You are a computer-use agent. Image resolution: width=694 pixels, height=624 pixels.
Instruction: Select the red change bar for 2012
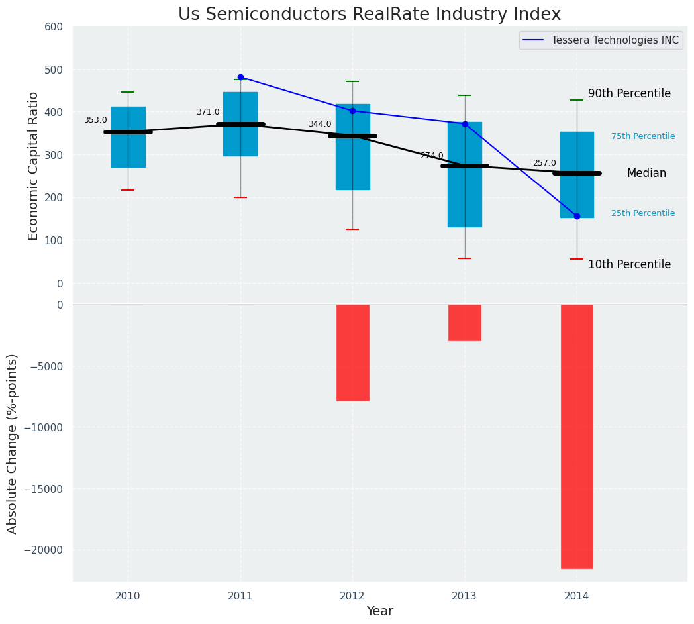coord(352,352)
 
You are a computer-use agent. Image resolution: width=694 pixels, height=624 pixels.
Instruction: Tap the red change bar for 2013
coord(464,323)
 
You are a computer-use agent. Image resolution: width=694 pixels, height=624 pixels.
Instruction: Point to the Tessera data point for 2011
coord(240,77)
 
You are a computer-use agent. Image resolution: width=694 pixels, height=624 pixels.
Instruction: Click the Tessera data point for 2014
coord(577,216)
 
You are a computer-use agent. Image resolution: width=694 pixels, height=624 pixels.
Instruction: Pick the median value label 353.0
coord(95,120)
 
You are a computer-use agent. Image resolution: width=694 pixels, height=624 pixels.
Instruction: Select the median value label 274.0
coord(432,156)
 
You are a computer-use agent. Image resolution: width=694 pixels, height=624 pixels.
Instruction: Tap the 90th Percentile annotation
coord(629,94)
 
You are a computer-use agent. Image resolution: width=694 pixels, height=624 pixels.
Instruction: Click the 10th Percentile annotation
coord(629,264)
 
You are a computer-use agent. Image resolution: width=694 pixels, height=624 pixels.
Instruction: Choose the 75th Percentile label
coord(643,136)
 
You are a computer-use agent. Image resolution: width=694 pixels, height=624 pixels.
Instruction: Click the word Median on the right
coord(646,173)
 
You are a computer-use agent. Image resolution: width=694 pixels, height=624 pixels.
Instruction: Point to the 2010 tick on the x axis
coord(128,596)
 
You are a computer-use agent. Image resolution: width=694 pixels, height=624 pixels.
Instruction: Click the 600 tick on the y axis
coord(54,26)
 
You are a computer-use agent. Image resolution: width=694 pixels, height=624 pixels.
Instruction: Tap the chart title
coord(370,15)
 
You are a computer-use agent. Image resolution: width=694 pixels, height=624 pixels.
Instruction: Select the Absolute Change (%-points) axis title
coord(13,443)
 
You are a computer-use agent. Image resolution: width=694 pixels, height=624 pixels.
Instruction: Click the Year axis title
coord(379,611)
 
